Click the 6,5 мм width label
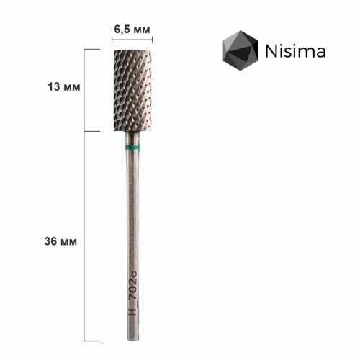click(x=132, y=29)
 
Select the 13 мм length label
click(x=63, y=86)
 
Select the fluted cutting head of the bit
click(x=131, y=90)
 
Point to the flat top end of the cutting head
click(x=131, y=51)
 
